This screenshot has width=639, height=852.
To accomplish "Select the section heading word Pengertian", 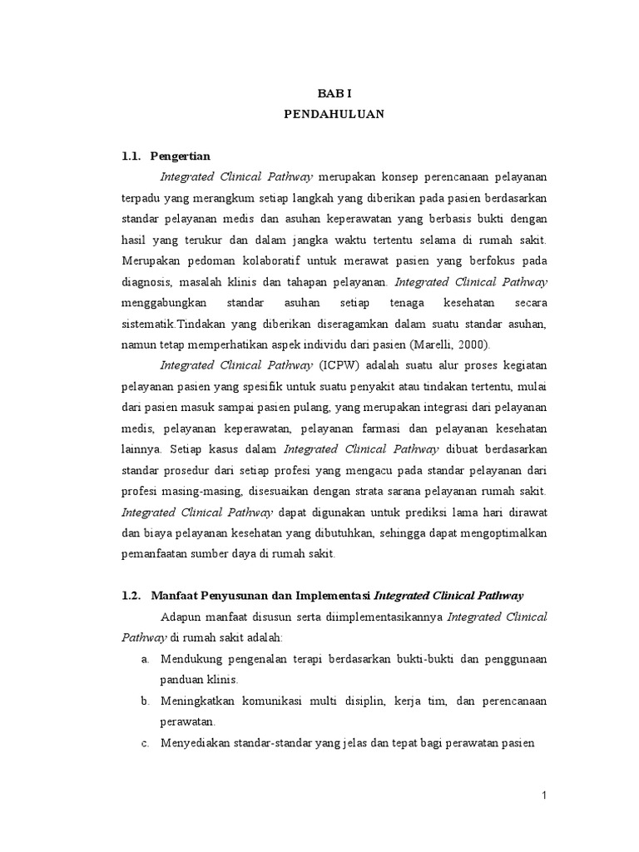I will pyautogui.click(x=181, y=156).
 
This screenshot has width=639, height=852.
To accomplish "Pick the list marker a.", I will pyautogui.click(x=145, y=659).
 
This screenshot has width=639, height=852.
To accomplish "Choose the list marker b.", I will pyautogui.click(x=145, y=701).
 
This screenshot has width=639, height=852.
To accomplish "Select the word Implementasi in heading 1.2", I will pyautogui.click(x=329, y=595).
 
